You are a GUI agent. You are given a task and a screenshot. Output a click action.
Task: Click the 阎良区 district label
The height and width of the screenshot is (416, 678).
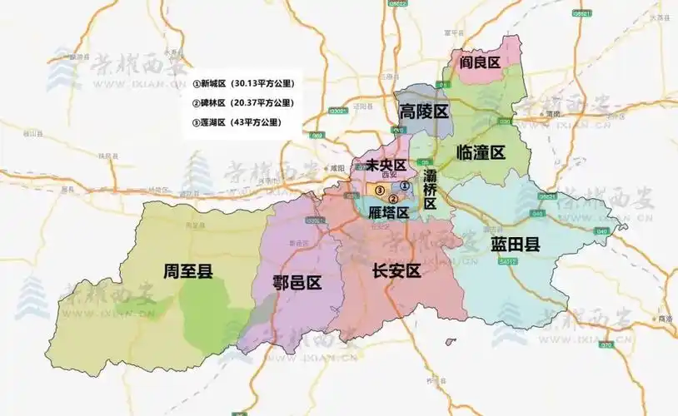(482, 63)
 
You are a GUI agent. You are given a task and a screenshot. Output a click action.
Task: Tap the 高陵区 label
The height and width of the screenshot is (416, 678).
(423, 111)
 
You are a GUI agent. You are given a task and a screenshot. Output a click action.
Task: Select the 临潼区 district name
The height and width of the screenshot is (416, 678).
(481, 152)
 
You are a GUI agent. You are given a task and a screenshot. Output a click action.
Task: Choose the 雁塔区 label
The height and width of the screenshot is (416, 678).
(389, 213)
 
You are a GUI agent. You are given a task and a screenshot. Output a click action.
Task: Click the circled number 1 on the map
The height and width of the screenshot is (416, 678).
(404, 186)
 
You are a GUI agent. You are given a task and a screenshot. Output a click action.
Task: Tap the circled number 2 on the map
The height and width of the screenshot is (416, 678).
(393, 198)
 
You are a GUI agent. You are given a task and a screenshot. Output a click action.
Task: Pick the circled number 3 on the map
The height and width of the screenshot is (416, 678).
(379, 191)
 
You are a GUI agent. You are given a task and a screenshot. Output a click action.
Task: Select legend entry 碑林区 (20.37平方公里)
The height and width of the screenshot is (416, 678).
(243, 102)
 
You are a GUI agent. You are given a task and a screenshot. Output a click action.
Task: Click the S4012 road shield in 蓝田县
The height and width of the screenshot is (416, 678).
(508, 261)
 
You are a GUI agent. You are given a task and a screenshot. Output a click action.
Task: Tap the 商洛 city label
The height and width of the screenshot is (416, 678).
(664, 318)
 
